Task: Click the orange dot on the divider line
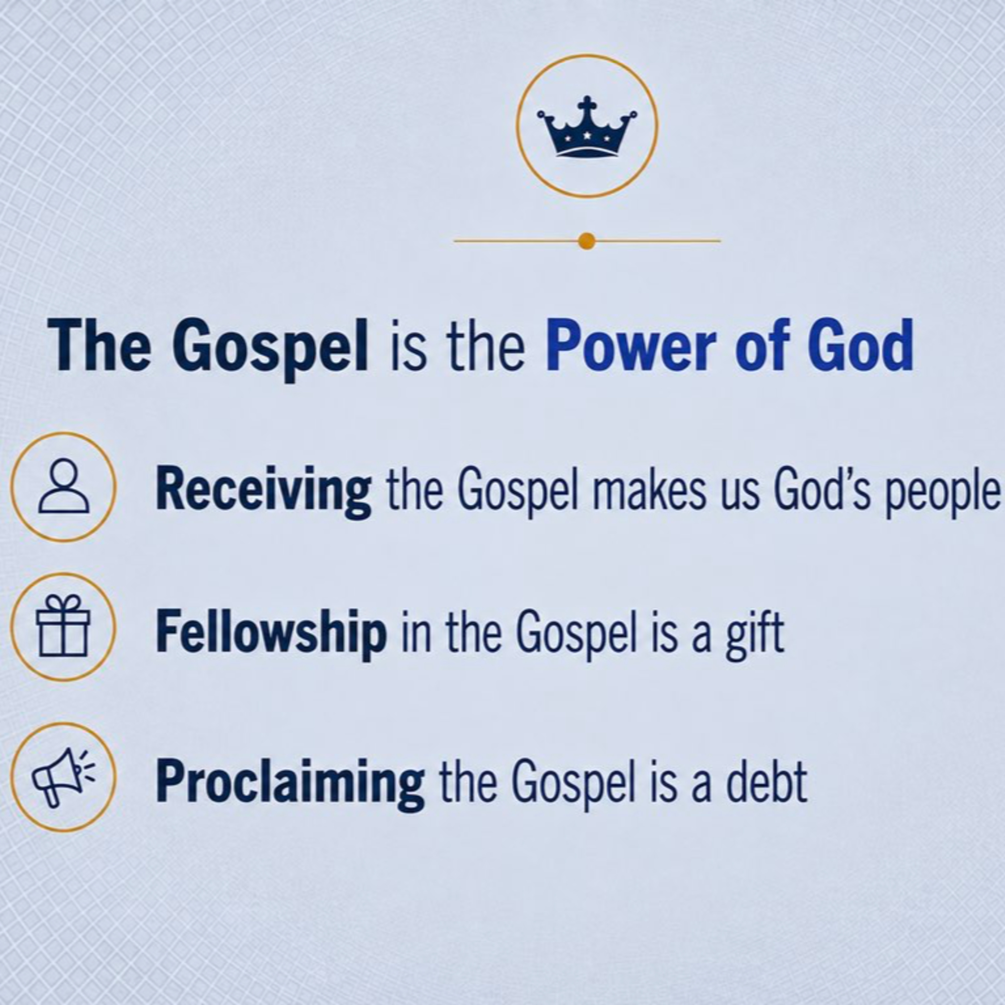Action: click(x=587, y=241)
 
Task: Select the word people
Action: click(x=943, y=492)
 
